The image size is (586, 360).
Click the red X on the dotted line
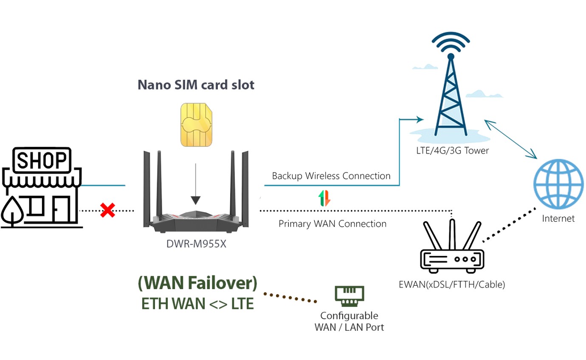click(x=107, y=210)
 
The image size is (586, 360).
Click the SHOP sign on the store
click(x=42, y=161)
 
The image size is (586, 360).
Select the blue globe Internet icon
click(x=558, y=183)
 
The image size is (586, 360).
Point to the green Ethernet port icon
click(x=349, y=296)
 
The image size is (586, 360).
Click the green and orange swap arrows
click(x=324, y=198)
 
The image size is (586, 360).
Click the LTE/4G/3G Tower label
click(x=452, y=150)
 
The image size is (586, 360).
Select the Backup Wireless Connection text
click(x=331, y=176)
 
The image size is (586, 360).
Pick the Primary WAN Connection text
click(x=332, y=224)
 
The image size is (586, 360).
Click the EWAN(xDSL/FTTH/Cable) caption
click(x=452, y=284)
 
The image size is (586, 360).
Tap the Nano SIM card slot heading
click(x=196, y=84)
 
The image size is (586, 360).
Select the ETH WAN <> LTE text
click(x=197, y=304)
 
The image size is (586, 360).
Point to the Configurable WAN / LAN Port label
click(x=349, y=321)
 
